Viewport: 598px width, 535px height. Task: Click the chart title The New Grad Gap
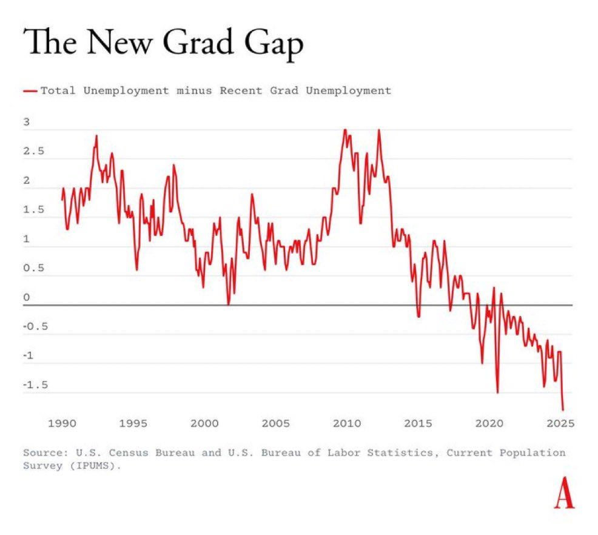pos(163,45)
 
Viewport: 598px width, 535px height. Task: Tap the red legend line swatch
pos(30,91)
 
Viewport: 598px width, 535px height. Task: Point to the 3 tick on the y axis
pos(26,123)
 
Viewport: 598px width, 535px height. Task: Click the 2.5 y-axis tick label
pos(33,152)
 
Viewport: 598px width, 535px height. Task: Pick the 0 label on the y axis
pos(26,298)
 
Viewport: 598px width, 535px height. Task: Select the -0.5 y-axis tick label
pos(35,327)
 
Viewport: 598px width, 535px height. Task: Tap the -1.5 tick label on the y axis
pos(35,385)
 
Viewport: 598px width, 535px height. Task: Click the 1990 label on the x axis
pos(62,423)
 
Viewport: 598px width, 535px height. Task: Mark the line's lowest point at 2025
pos(563,410)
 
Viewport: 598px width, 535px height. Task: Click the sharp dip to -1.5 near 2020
pos(497,392)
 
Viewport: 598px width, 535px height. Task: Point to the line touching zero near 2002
pos(229,304)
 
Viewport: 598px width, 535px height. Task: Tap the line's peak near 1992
pos(96,136)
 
